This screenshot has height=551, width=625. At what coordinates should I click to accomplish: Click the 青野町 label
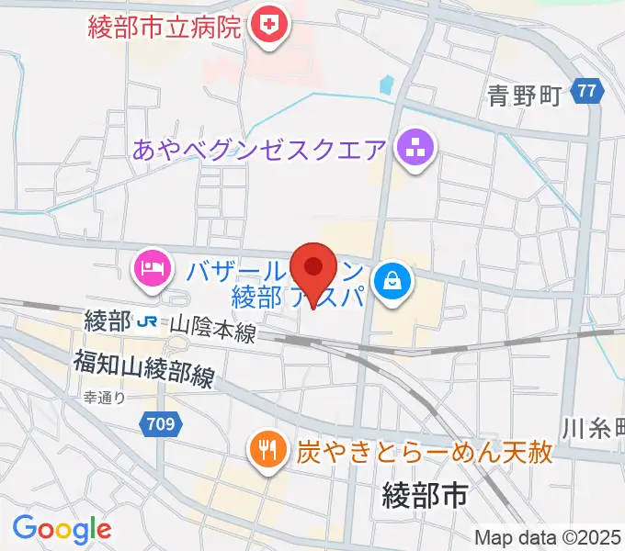pos(524,96)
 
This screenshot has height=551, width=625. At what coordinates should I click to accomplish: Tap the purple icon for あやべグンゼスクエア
pos(415,148)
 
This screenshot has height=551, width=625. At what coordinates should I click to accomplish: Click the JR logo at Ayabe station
pos(146,323)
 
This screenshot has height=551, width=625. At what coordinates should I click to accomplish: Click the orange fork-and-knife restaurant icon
pos(267,449)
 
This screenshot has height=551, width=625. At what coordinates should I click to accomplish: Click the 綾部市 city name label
pos(424,497)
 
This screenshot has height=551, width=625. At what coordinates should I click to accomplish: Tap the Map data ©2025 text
pos(548,537)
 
